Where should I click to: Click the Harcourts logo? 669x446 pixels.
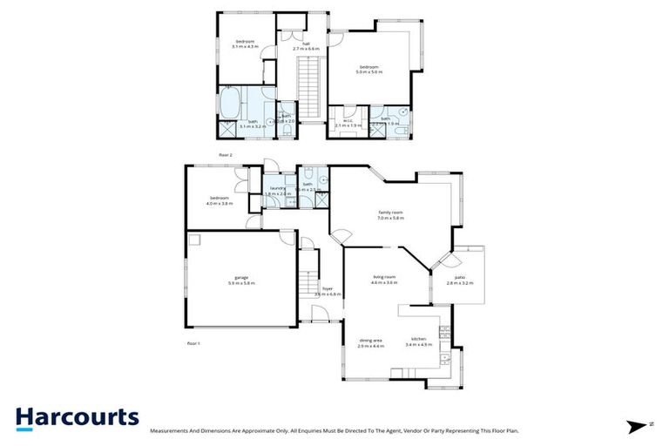click(77, 417)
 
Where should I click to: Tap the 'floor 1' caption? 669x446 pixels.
click(193, 343)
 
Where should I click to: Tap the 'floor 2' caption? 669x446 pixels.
click(225, 155)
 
